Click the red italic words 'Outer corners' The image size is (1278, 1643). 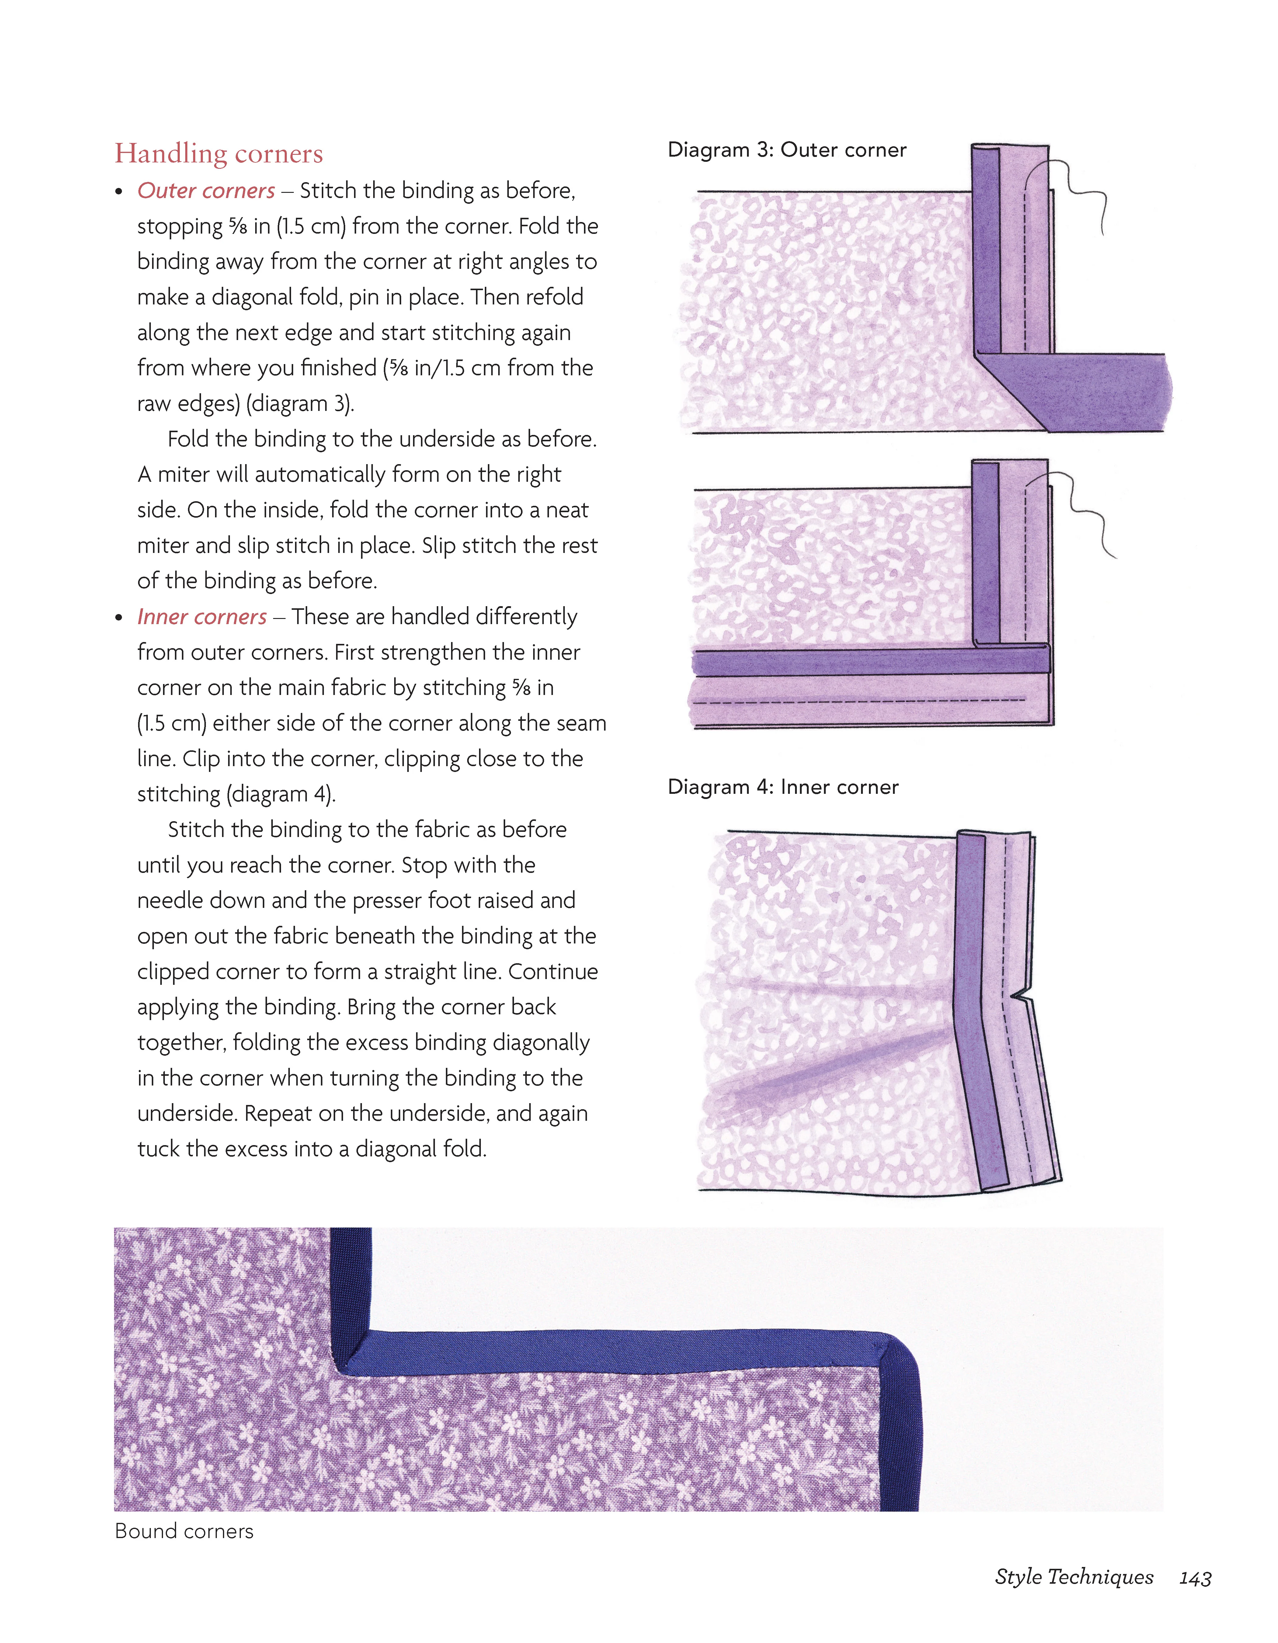(x=206, y=191)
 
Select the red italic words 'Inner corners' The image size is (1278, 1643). (x=202, y=617)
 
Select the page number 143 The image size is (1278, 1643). (x=1194, y=1578)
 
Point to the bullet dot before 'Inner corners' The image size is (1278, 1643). (x=119, y=618)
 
